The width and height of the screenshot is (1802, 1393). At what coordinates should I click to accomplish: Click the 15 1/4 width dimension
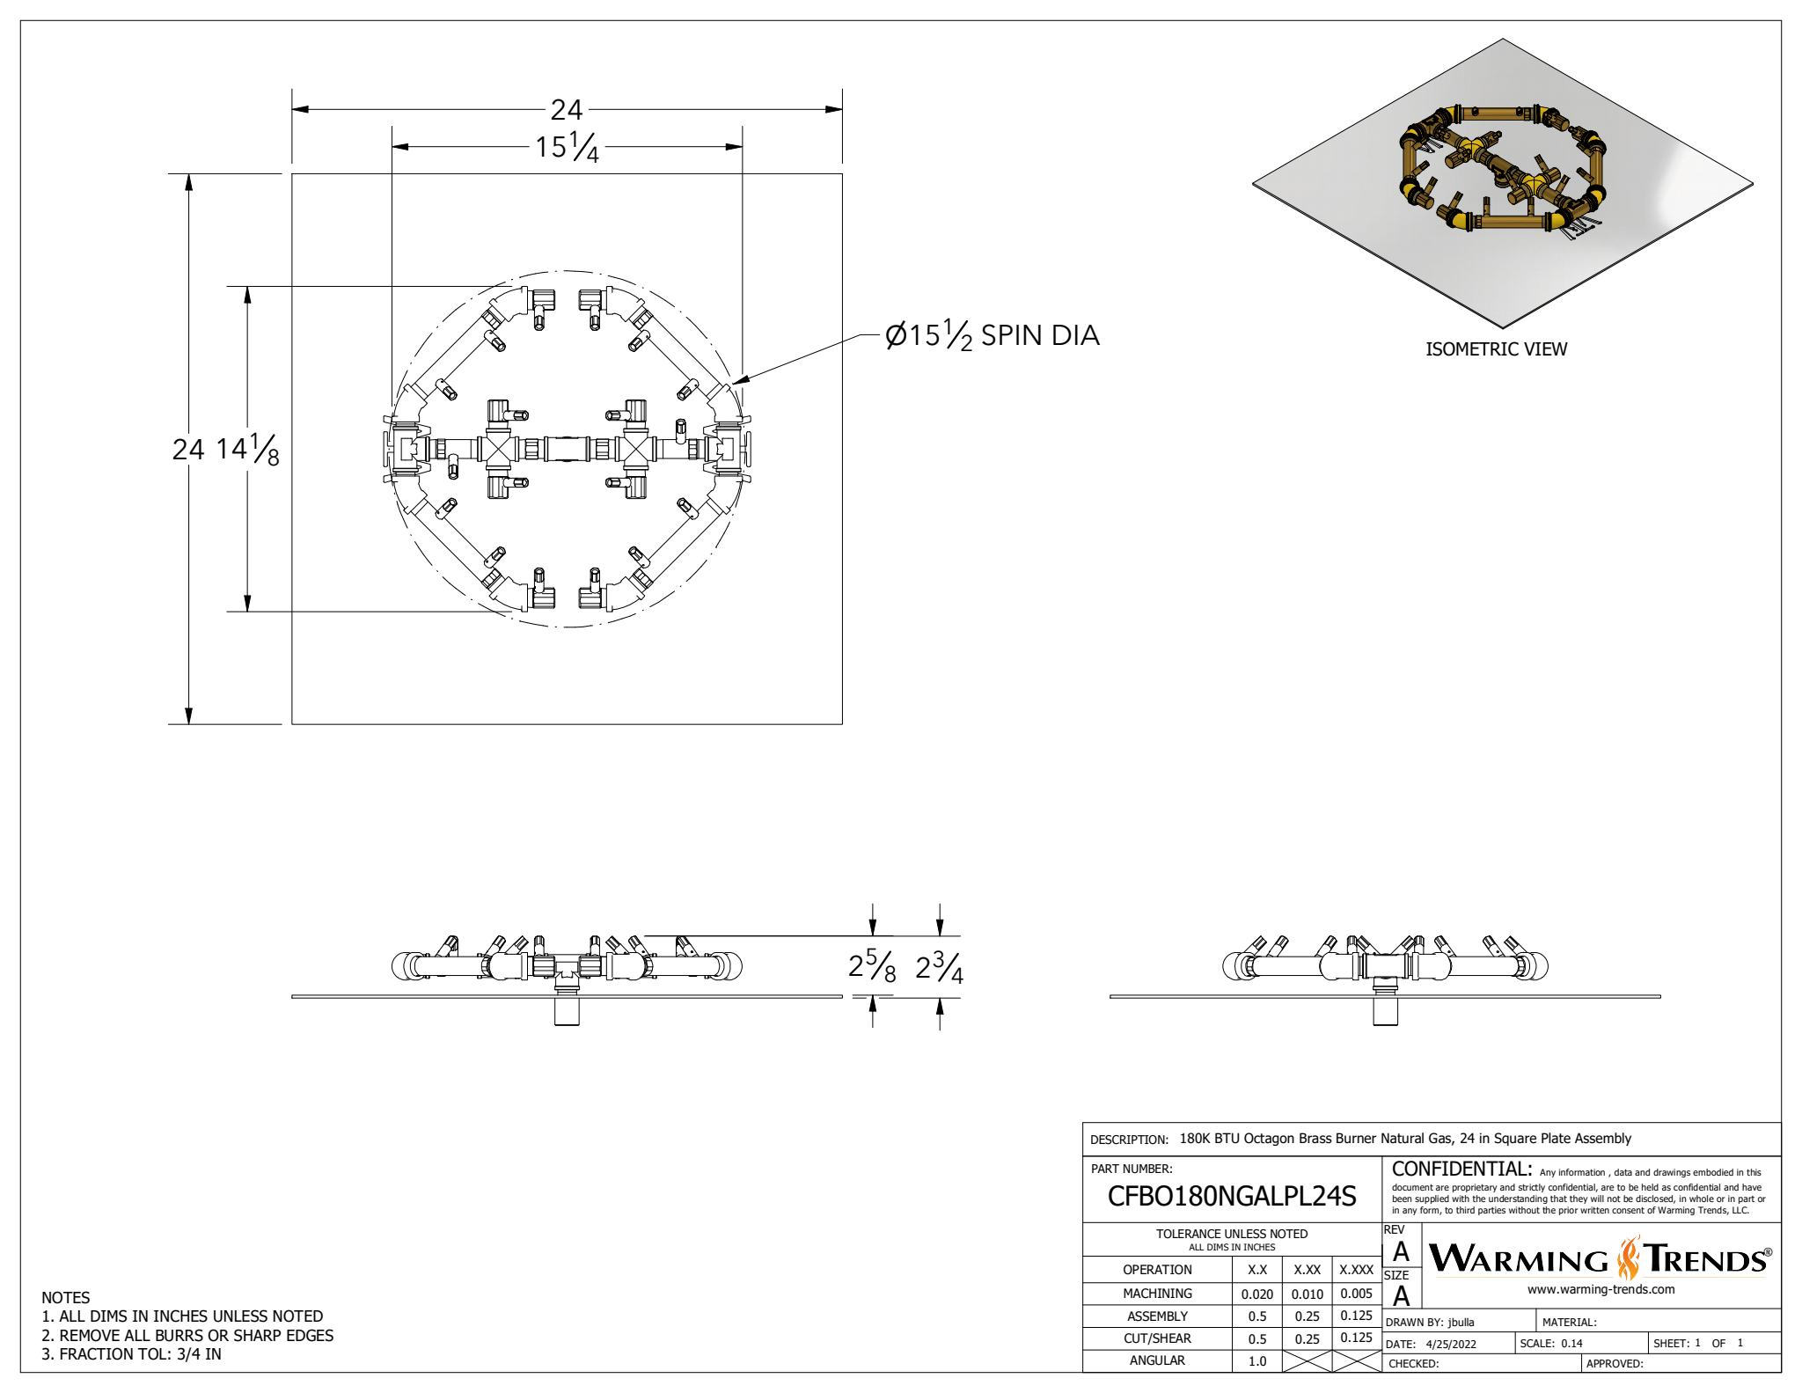pos(567,147)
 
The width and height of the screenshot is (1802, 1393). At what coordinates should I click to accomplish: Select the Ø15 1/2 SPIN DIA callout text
pos(992,335)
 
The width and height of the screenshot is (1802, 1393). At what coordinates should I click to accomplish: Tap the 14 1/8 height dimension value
pos(247,449)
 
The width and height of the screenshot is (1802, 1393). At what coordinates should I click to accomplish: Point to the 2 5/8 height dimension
pos(871,966)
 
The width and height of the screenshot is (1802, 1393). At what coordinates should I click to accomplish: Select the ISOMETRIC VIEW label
pos(1496,349)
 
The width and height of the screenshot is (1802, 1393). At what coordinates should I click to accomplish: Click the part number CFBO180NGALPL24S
pos(1231,1196)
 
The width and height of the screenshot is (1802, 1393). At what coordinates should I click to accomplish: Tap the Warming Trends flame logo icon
pos(1629,1258)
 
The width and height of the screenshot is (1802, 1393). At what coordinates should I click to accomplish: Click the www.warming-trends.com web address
pos(1601,1289)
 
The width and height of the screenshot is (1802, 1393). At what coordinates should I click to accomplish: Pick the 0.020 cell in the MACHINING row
pos(1256,1294)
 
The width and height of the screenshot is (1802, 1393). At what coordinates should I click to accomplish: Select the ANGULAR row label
pos(1156,1360)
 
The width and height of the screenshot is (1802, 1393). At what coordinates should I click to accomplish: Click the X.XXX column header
pos(1356,1270)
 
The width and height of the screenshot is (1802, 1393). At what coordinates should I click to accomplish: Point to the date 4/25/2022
pos(1451,1344)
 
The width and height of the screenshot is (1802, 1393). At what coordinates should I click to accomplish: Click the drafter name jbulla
pos(1461,1322)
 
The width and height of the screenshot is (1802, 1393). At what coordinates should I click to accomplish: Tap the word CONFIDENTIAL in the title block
pos(1461,1169)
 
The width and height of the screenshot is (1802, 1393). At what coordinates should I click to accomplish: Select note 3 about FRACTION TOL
pos(131,1354)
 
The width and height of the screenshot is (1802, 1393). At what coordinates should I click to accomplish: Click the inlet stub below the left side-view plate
pos(567,1011)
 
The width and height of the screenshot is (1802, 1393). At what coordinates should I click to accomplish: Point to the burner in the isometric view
pos(1503,172)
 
